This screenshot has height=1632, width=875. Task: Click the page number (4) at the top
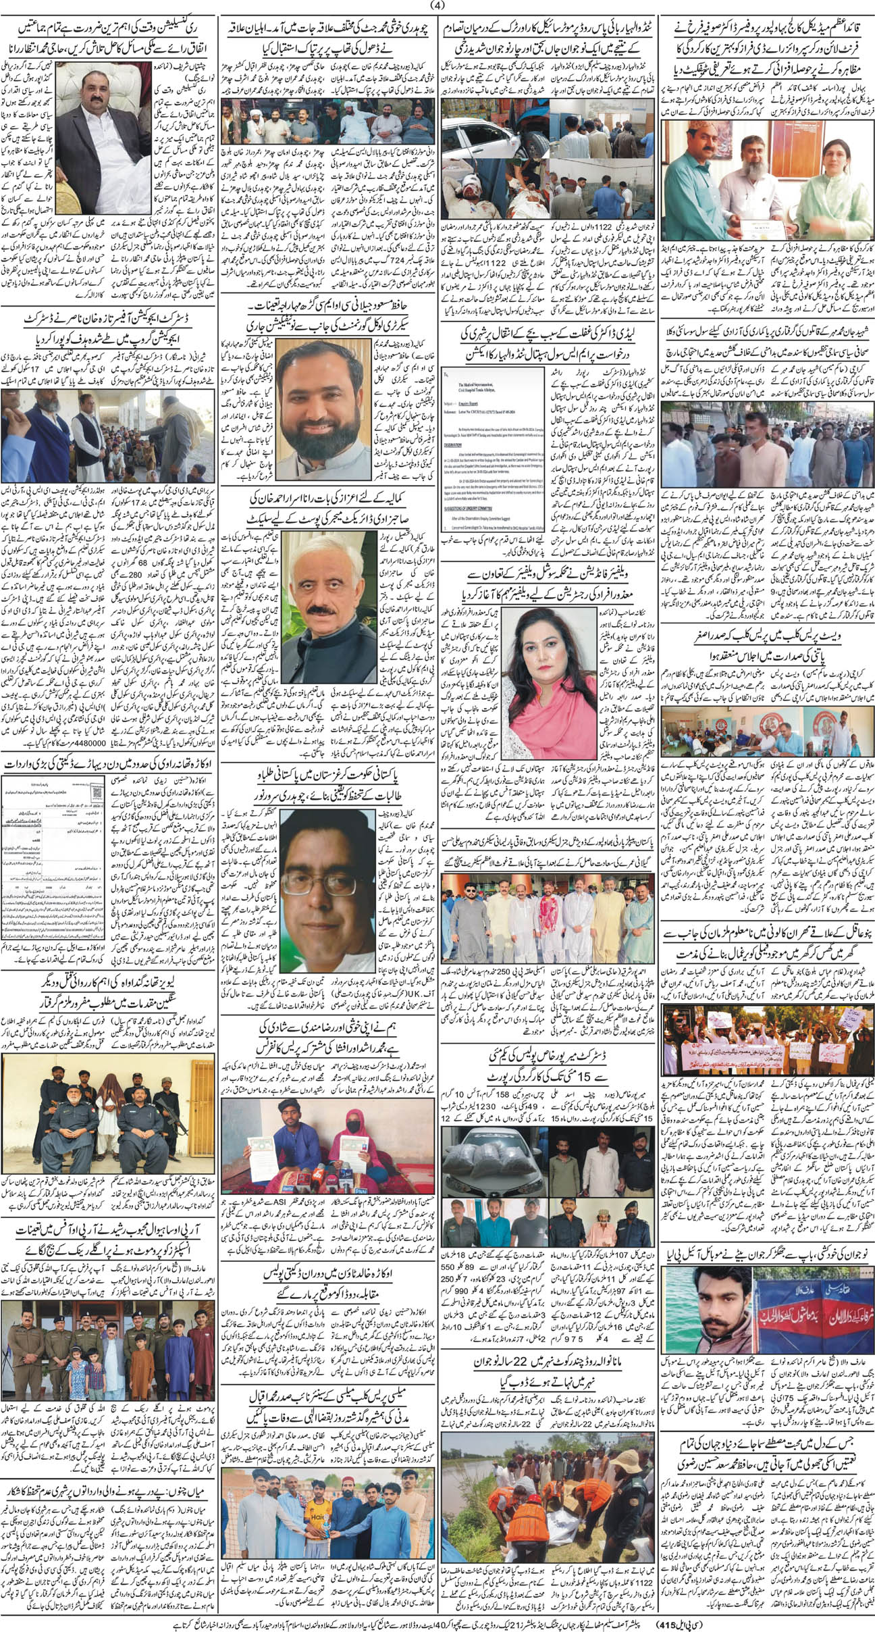[x=438, y=7]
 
